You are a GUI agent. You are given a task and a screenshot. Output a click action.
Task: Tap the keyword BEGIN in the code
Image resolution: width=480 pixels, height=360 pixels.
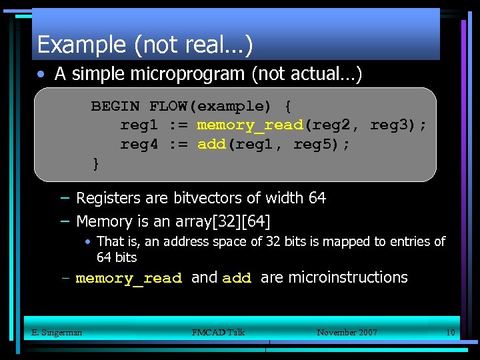click(115, 106)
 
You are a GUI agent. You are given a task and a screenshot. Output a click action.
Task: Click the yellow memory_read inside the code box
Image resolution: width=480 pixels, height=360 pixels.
click(250, 125)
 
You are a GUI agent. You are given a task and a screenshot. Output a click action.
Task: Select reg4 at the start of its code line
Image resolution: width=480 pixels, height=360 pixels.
click(139, 144)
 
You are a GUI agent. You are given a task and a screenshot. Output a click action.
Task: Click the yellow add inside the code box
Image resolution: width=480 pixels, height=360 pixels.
click(212, 144)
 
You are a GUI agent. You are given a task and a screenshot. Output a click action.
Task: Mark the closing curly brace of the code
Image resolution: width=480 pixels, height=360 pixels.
click(96, 163)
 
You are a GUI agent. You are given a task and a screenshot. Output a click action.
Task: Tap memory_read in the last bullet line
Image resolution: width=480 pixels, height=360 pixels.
click(129, 279)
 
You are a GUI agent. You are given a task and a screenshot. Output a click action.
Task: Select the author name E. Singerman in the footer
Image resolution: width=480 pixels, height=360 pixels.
click(57, 332)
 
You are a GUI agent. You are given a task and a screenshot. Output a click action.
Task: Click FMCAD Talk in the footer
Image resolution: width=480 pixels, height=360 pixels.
click(218, 332)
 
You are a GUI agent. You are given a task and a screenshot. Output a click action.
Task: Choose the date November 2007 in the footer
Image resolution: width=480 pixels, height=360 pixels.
click(347, 332)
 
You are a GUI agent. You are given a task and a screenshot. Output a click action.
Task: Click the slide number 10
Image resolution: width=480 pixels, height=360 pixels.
click(450, 332)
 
